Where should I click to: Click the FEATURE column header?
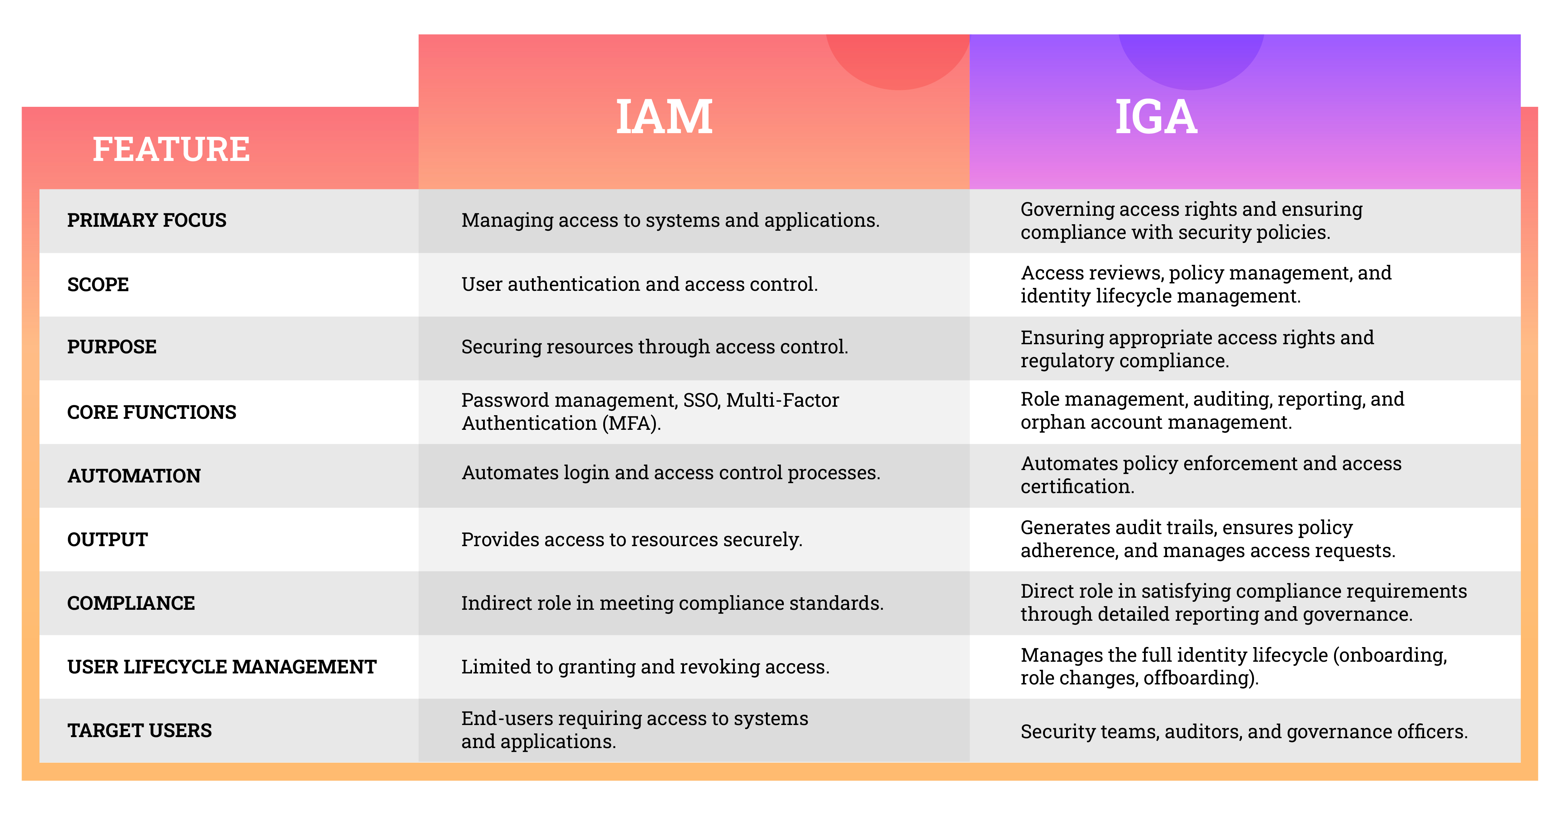pyautogui.click(x=171, y=149)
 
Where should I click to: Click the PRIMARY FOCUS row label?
pyautogui.click(x=147, y=220)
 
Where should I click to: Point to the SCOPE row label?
pyautogui.click(x=98, y=284)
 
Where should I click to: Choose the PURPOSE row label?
pyautogui.click(x=112, y=347)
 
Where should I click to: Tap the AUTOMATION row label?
pyautogui.click(x=134, y=476)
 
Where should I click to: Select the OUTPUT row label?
pyautogui.click(x=108, y=539)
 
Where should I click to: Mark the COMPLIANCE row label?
pyautogui.click(x=131, y=603)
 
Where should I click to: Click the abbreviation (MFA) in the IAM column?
pyautogui.click(x=632, y=423)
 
